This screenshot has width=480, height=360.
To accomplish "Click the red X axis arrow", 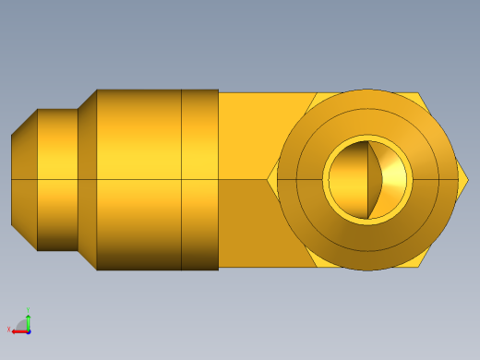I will tap(19, 329).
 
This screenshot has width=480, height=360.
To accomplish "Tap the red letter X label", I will tap(10, 330).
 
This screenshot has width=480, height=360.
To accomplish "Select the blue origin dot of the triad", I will tap(29, 330).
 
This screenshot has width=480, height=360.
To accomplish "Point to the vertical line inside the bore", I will tap(369, 180).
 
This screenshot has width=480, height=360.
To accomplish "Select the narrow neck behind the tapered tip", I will tap(57, 179).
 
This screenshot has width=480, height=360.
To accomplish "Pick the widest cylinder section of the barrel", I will tap(138, 179).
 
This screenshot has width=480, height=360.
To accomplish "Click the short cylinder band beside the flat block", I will tap(199, 179).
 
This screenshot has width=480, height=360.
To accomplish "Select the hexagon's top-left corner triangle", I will tap(310, 102).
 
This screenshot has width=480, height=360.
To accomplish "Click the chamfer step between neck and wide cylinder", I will tap(87, 179).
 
